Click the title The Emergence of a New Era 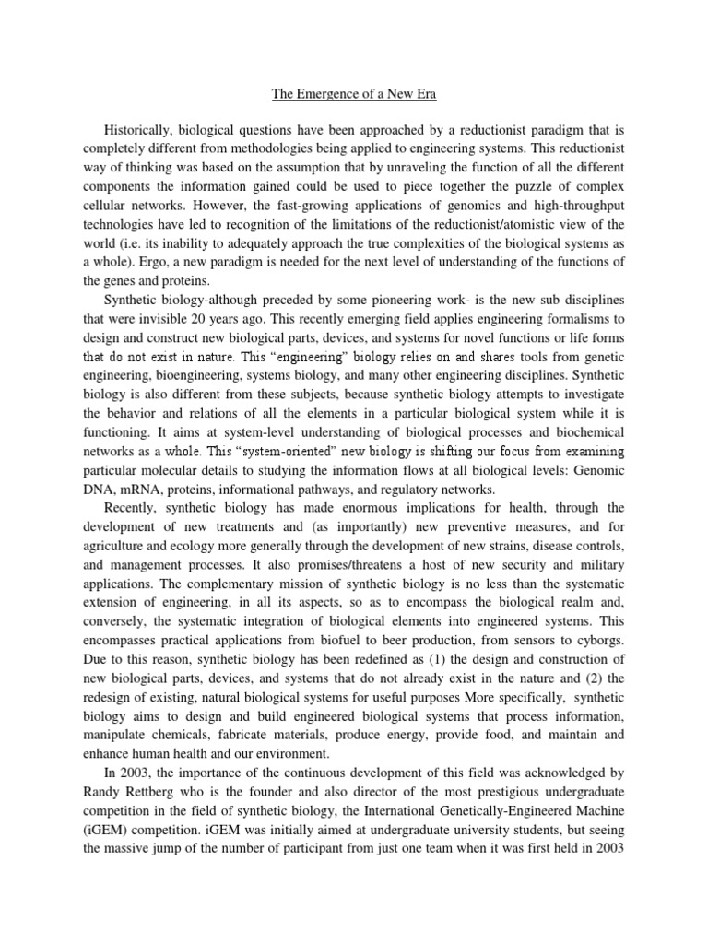[x=354, y=93]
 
